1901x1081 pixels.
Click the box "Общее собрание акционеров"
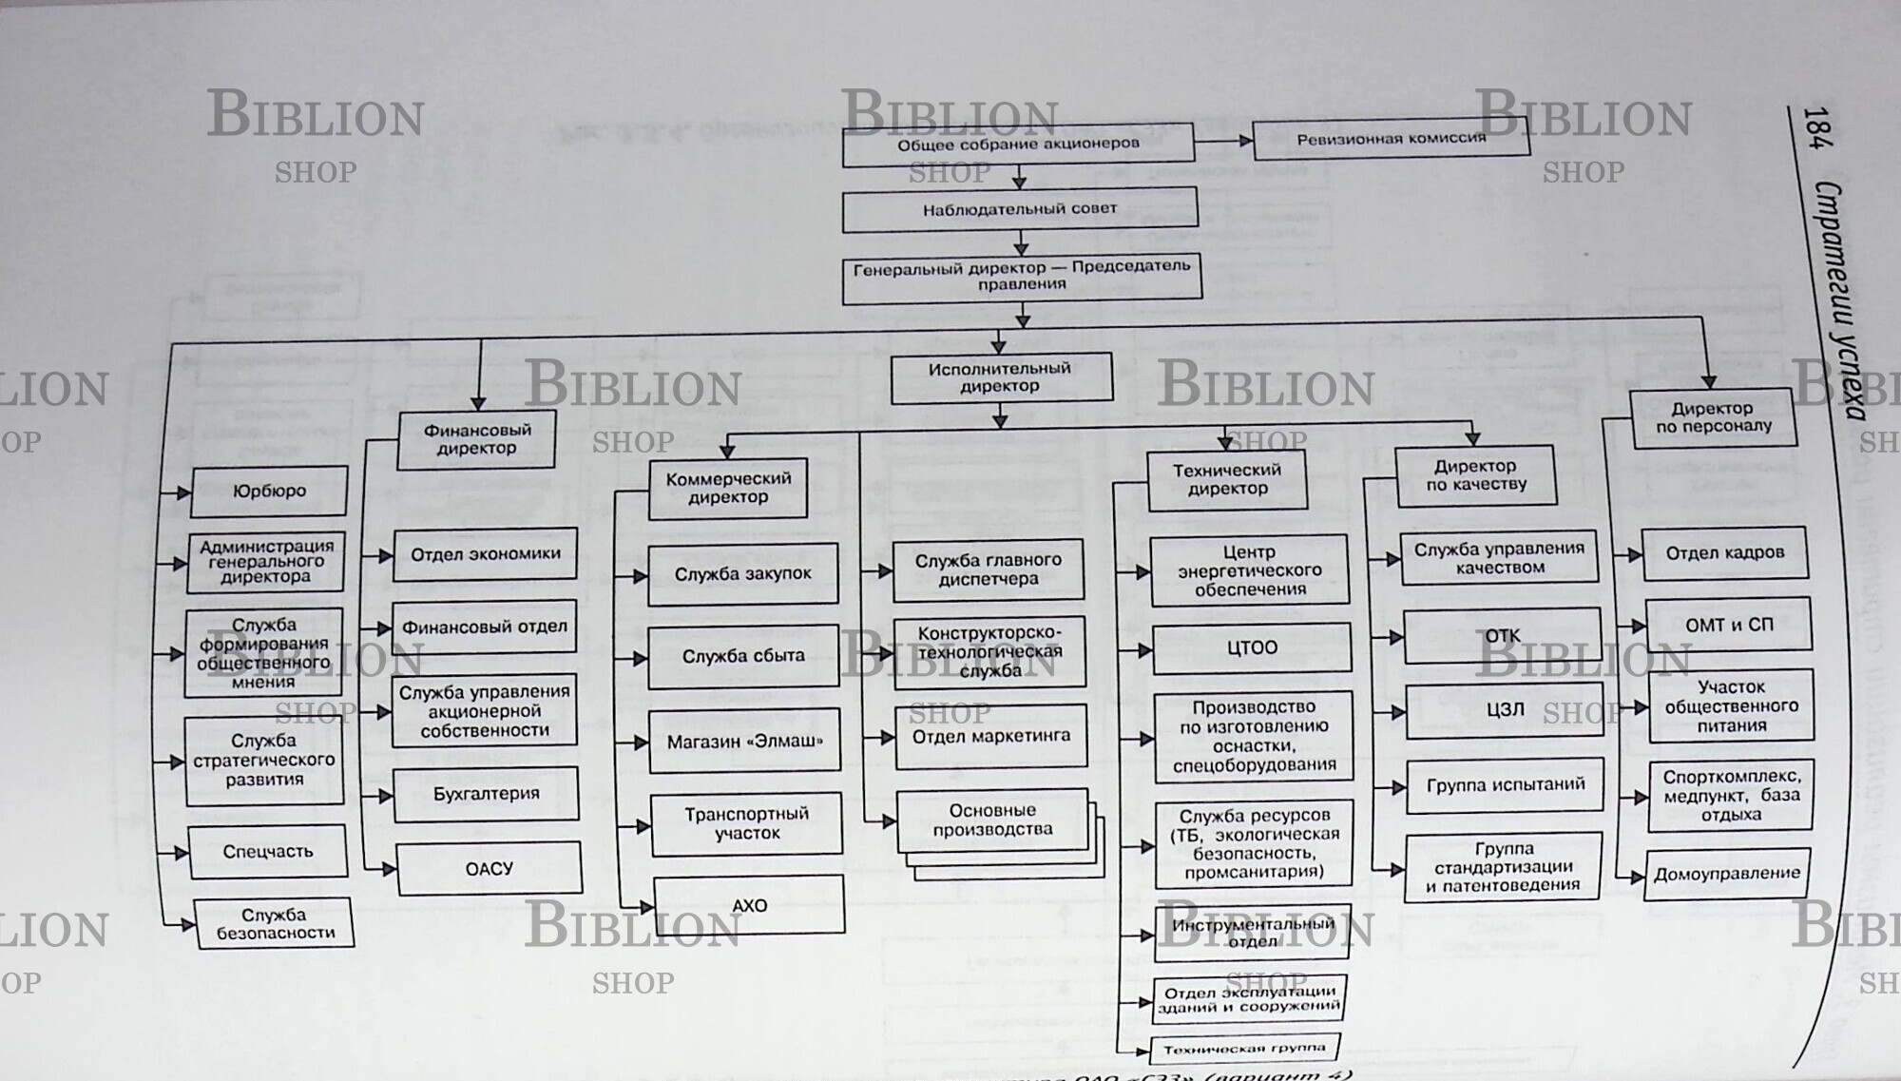point(1017,145)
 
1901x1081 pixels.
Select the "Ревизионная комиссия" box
point(1391,139)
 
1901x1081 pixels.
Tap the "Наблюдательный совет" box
point(1020,210)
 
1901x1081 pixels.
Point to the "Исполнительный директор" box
point(1000,377)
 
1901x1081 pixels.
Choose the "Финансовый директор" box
point(476,439)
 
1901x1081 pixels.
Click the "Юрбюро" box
point(269,492)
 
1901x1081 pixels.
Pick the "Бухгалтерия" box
point(486,794)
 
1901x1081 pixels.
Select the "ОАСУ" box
point(489,869)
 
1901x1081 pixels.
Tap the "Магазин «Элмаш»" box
point(744,742)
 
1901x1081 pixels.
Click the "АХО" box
point(749,906)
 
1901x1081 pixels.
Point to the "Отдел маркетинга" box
point(990,736)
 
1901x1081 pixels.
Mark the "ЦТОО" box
point(1251,648)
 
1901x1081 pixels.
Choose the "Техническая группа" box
point(1244,1050)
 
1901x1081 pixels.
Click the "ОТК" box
point(1502,636)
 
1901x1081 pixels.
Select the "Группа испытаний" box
point(1505,785)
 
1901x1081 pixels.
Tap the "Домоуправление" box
point(1726,874)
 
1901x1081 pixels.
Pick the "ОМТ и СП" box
point(1728,626)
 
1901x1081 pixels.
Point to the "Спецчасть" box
point(267,852)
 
